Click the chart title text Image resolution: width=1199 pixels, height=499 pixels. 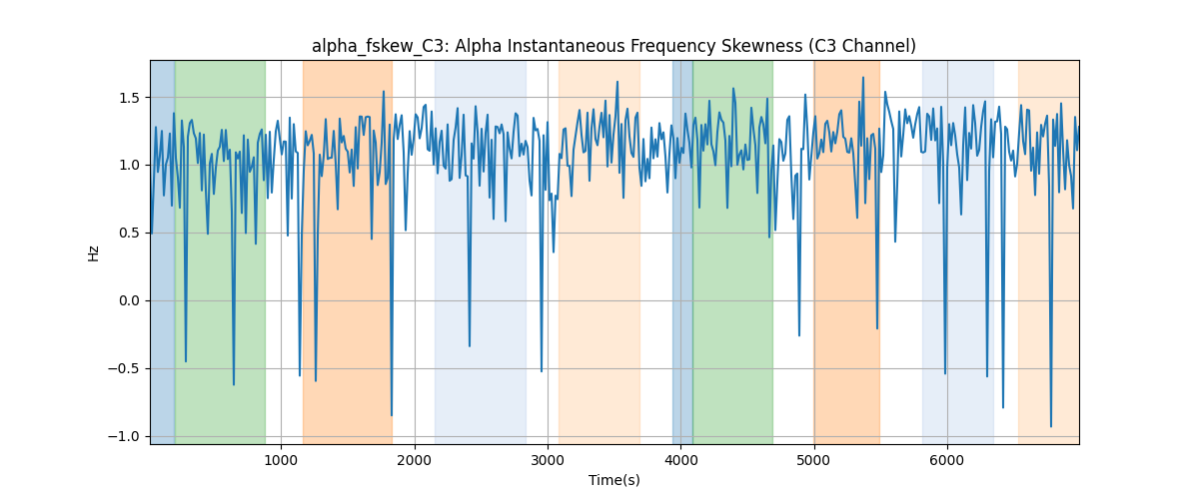(613, 46)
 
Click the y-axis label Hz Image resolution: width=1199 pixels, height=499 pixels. (94, 253)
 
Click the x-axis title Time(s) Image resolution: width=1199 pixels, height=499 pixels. (613, 480)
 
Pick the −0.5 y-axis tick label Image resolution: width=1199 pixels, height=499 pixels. (124, 369)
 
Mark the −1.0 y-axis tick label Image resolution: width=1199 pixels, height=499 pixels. (124, 437)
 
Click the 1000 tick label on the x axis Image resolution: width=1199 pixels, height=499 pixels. (282, 460)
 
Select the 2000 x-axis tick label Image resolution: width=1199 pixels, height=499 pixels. (415, 460)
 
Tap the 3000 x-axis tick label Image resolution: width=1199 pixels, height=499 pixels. (549, 460)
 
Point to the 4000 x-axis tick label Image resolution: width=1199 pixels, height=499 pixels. (680, 460)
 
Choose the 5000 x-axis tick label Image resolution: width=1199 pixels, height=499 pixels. (814, 460)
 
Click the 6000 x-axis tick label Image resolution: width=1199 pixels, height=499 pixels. (947, 460)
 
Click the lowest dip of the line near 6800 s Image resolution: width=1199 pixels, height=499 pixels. (1051, 426)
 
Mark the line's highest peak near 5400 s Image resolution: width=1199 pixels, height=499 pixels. (863, 78)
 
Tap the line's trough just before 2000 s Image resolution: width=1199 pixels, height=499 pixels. (392, 415)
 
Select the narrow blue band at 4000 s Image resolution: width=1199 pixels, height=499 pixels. (682, 252)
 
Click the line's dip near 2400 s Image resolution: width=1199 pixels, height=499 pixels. (470, 346)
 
